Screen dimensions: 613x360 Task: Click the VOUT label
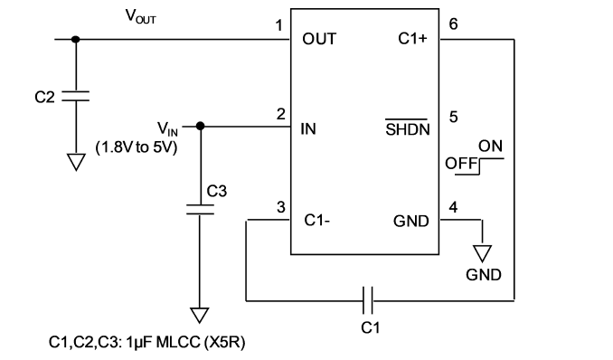point(140,16)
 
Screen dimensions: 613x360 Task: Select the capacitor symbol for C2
point(75,96)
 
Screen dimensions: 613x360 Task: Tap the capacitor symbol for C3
point(200,209)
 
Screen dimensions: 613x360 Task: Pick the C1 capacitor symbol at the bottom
point(367,300)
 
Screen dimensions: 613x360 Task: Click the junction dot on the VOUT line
point(75,39)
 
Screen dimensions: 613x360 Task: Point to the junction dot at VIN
point(200,126)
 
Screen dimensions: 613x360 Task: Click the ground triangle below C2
point(76,162)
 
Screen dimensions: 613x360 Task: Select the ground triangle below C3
point(200,316)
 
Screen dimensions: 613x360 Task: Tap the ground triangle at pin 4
point(482,253)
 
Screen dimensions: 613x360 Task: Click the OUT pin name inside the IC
point(319,39)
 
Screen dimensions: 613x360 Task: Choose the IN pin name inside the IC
point(308,128)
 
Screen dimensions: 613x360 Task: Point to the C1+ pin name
point(413,38)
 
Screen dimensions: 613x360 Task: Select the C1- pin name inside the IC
point(317,221)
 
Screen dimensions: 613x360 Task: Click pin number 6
point(453,24)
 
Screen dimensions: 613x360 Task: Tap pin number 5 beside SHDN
point(453,117)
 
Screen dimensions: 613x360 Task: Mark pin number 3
point(280,207)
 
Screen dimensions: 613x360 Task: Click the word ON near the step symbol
point(490,146)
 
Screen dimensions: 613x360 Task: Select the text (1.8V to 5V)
point(137,147)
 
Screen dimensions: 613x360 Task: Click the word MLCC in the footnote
point(178,343)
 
